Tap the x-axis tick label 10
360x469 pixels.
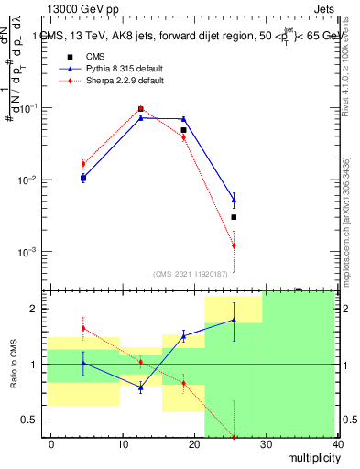(x=123, y=443)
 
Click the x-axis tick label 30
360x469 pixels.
(x=266, y=443)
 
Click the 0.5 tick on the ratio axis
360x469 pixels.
(x=31, y=420)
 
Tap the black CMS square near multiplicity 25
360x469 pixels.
(x=234, y=217)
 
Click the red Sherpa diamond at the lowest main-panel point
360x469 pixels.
(x=234, y=245)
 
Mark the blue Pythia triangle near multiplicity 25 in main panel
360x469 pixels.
(x=234, y=199)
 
